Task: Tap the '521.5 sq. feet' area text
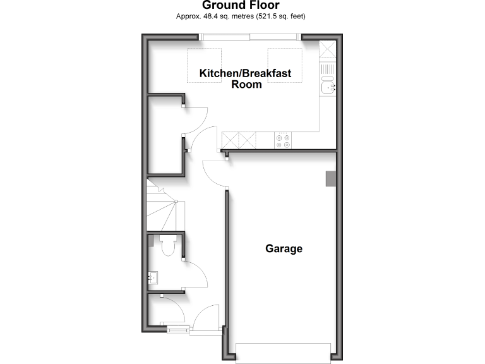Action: click(x=282, y=16)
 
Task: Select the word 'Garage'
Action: click(x=284, y=249)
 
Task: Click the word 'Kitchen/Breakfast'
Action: click(x=245, y=73)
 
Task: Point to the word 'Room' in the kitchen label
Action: click(x=246, y=84)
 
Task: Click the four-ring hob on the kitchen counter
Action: click(x=283, y=141)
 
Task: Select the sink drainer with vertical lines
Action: click(x=328, y=68)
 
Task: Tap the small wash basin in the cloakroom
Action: click(x=152, y=277)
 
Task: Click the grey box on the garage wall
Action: click(x=330, y=179)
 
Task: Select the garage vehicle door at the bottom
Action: click(x=283, y=352)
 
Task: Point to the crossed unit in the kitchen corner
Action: click(x=328, y=49)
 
